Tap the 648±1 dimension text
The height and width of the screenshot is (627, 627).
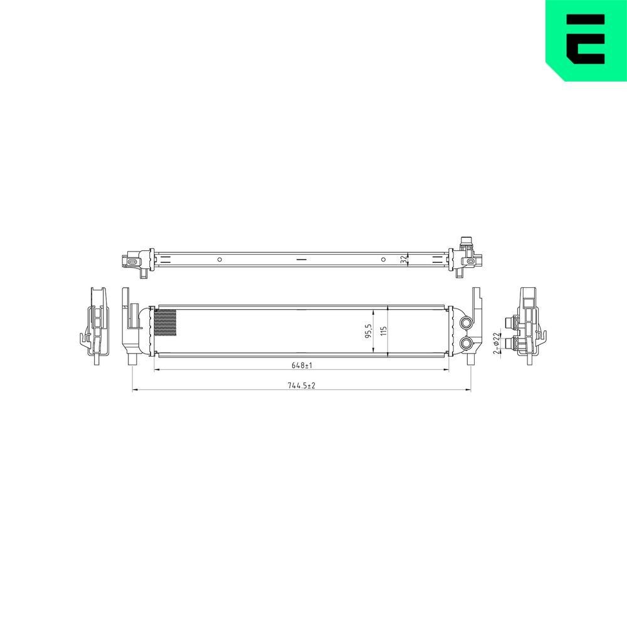[x=302, y=365]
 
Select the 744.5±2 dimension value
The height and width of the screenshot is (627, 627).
[x=301, y=386]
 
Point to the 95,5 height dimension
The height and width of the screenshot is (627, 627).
[x=369, y=331]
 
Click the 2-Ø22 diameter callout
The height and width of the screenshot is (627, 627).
[x=496, y=343]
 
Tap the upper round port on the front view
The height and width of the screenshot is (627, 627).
[x=466, y=322]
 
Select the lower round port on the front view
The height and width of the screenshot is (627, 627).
[x=466, y=343]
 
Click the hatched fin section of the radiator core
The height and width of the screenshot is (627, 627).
[x=165, y=324]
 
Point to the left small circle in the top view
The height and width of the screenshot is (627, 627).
[x=219, y=259]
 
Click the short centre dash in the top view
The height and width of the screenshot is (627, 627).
[x=302, y=259]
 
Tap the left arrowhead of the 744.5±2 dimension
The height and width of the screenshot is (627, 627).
[x=135, y=390]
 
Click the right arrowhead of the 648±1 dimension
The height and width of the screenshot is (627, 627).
[x=447, y=370]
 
